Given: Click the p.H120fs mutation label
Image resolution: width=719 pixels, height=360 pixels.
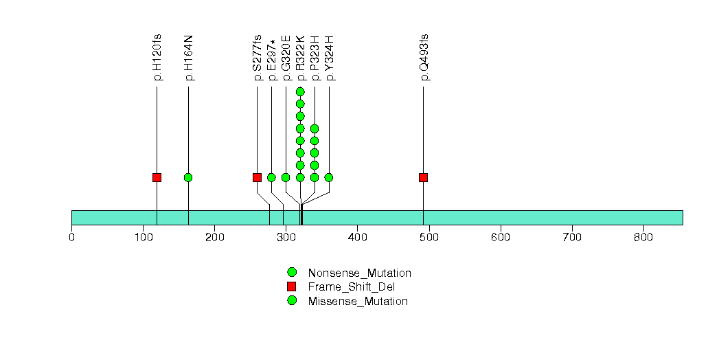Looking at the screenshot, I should [157, 57].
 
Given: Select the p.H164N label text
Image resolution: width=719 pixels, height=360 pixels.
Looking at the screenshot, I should [189, 57].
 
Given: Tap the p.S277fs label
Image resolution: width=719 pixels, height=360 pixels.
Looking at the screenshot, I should [258, 57].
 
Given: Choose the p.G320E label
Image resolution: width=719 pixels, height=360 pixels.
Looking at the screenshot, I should [286, 58].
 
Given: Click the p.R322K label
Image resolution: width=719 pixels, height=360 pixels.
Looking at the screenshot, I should [301, 58].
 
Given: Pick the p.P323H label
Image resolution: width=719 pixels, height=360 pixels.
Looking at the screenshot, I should [315, 58].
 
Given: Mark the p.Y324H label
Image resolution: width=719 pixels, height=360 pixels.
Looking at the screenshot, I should [330, 58].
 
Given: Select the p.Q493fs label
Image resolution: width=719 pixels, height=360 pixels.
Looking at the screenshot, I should [424, 57].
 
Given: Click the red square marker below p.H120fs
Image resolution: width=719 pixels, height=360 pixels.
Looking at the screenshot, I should [157, 177].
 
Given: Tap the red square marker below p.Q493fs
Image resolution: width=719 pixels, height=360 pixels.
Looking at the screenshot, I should [423, 177].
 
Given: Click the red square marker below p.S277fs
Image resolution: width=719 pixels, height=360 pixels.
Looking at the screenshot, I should [257, 177].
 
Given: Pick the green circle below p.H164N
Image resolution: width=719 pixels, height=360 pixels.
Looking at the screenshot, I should [188, 177].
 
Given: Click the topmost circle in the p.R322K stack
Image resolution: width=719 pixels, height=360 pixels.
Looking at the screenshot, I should [300, 91].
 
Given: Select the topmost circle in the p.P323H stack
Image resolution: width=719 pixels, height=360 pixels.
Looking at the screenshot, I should [315, 128].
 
